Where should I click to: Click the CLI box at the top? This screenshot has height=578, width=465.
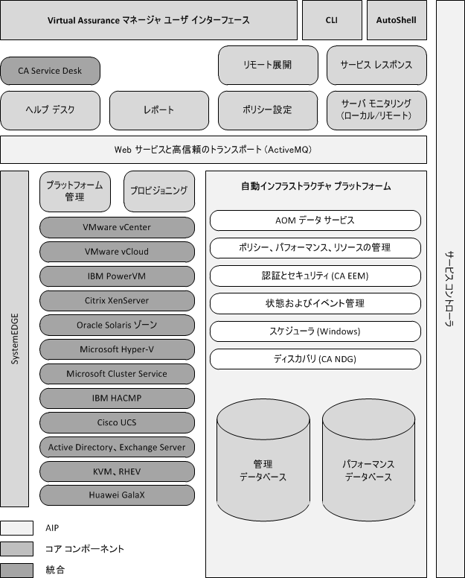pyautogui.click(x=332, y=20)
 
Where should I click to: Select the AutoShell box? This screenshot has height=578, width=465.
pyautogui.click(x=397, y=20)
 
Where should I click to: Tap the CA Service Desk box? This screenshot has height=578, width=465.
pyautogui.click(x=51, y=72)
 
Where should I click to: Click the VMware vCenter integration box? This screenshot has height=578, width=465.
pyautogui.click(x=118, y=227)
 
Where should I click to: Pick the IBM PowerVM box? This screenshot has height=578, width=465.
pyautogui.click(x=118, y=276)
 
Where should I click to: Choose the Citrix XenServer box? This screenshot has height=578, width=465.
pyautogui.click(x=118, y=300)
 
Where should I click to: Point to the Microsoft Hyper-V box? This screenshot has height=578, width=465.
pyautogui.click(x=118, y=349)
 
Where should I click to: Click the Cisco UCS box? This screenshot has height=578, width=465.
pyautogui.click(x=118, y=422)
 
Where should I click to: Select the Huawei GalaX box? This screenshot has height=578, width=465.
pyautogui.click(x=118, y=495)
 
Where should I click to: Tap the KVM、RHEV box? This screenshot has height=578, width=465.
pyautogui.click(x=118, y=471)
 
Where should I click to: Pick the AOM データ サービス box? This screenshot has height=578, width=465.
pyautogui.click(x=315, y=220)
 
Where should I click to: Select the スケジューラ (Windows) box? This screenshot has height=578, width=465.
pyautogui.click(x=315, y=331)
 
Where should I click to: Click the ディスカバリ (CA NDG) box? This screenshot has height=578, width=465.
pyautogui.click(x=315, y=359)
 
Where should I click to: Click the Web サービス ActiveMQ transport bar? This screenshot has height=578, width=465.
pyautogui.click(x=214, y=150)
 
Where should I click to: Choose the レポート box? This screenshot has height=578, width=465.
pyautogui.click(x=159, y=110)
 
